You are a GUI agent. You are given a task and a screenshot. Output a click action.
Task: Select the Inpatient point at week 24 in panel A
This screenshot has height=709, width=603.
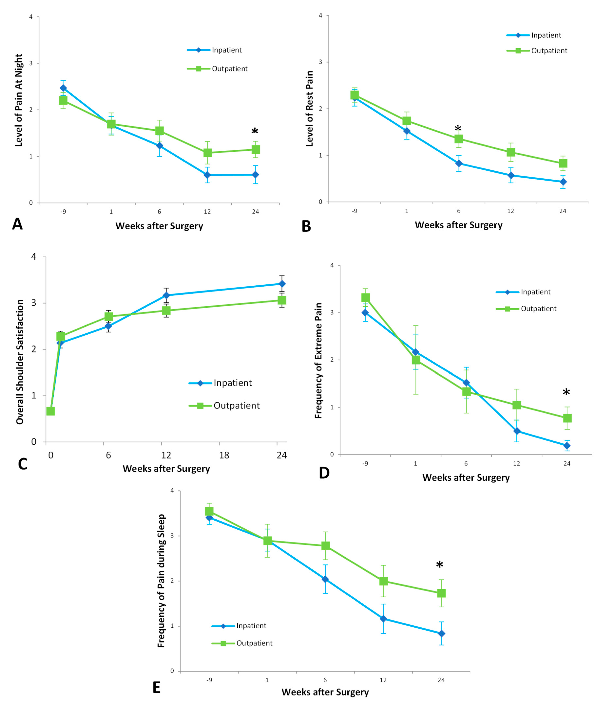(255, 175)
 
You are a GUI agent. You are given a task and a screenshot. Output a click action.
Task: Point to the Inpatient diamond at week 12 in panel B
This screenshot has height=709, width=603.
(511, 175)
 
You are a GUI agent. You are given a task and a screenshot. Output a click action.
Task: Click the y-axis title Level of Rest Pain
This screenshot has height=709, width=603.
(309, 109)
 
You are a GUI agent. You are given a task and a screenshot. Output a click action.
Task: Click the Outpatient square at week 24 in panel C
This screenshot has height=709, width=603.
(282, 300)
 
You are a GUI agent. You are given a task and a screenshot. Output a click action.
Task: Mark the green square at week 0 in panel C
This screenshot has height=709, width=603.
(51, 411)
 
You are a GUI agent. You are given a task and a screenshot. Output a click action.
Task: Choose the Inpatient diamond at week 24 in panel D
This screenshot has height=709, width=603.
(567, 446)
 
